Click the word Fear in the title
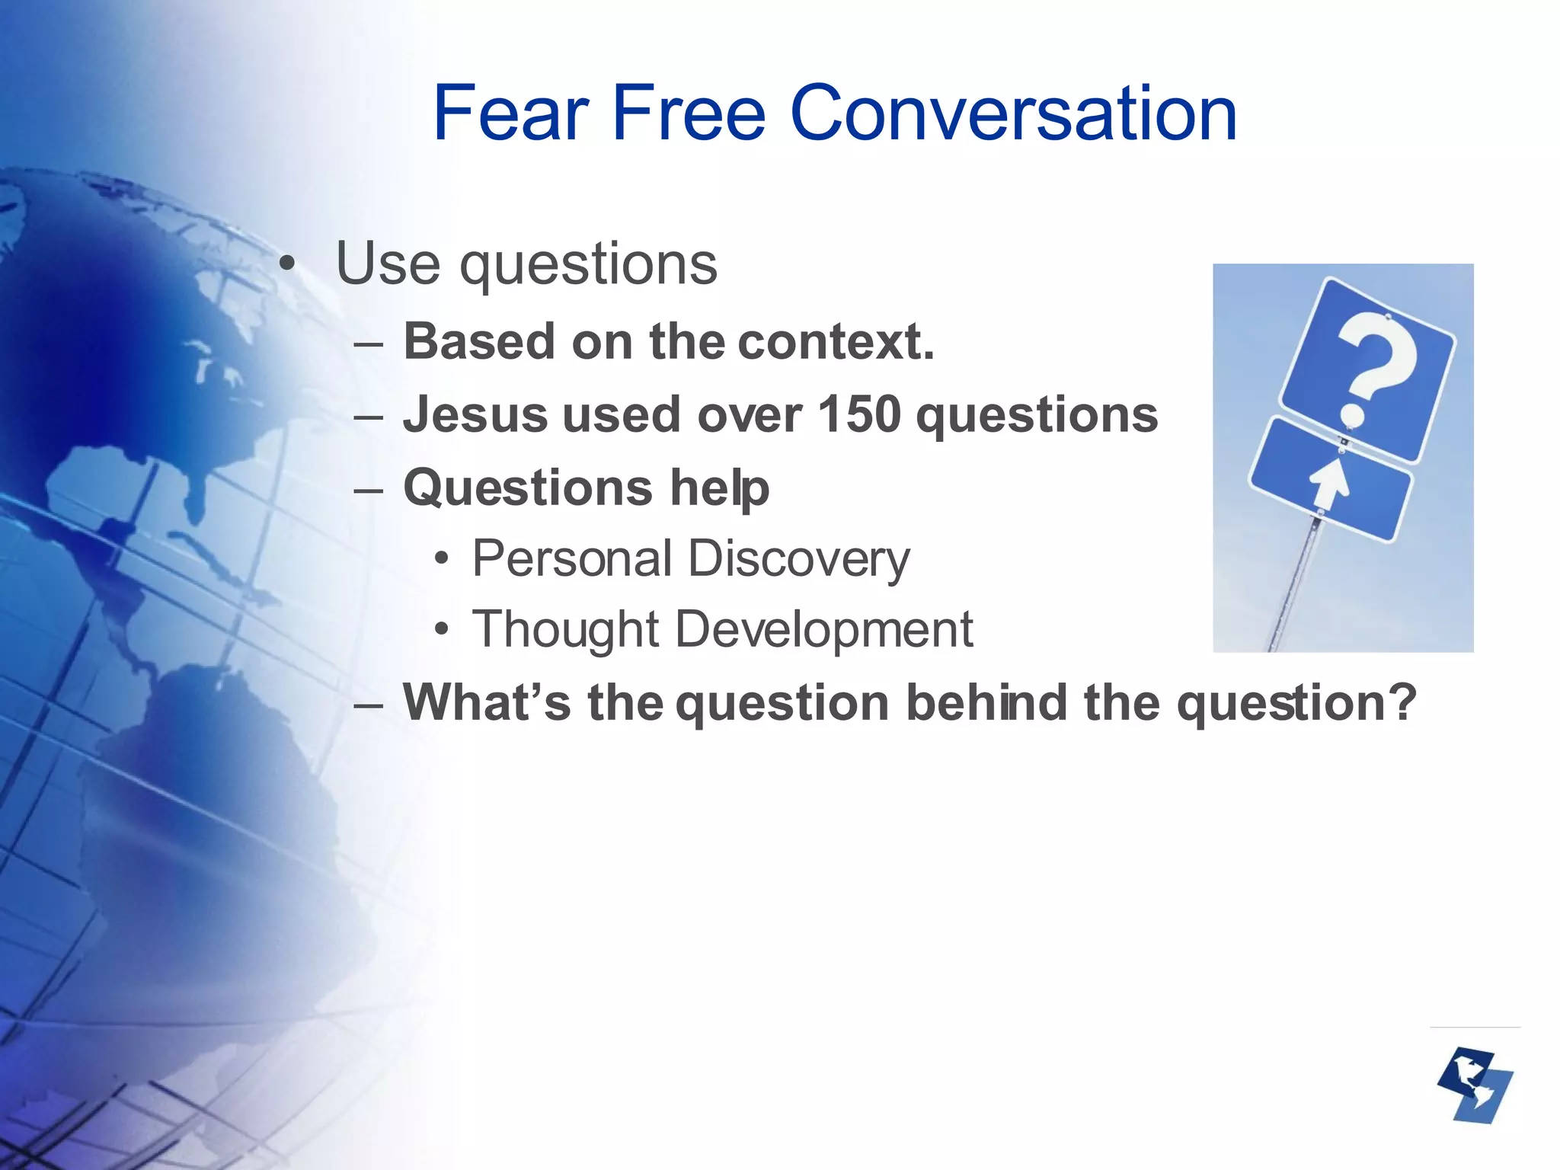[x=511, y=114]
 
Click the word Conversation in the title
[x=1013, y=114]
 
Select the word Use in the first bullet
[x=388, y=264]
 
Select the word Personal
[x=571, y=558]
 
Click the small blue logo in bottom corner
[x=1475, y=1085]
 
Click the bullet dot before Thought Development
[x=442, y=631]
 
